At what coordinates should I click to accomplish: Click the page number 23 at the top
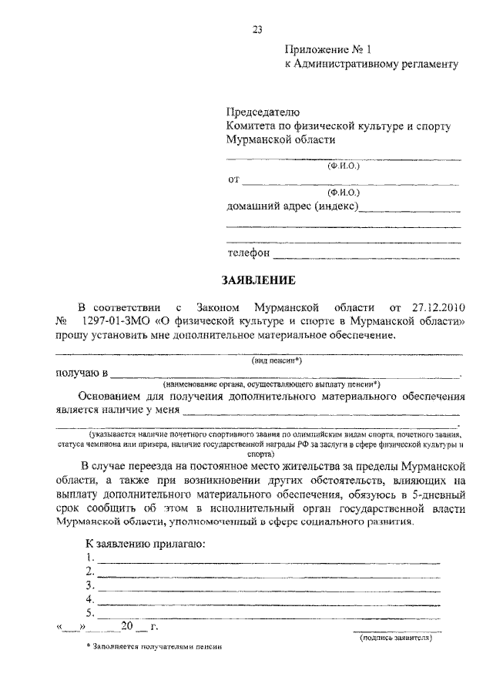(x=257, y=30)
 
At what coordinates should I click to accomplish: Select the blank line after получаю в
(x=285, y=374)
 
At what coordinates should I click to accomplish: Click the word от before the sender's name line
(x=233, y=181)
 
